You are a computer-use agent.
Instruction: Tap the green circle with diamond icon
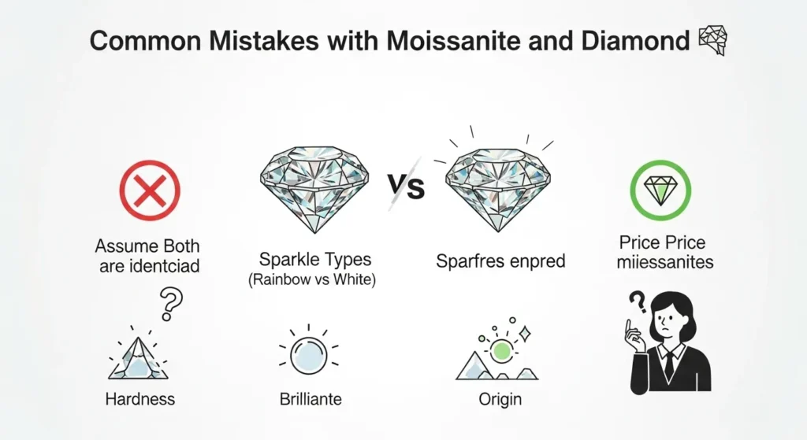tap(660, 190)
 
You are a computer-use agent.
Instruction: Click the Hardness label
tap(139, 399)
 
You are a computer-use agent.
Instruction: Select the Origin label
tap(500, 399)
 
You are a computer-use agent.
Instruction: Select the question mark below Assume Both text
tap(171, 301)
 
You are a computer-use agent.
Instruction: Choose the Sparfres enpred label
tap(500, 261)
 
